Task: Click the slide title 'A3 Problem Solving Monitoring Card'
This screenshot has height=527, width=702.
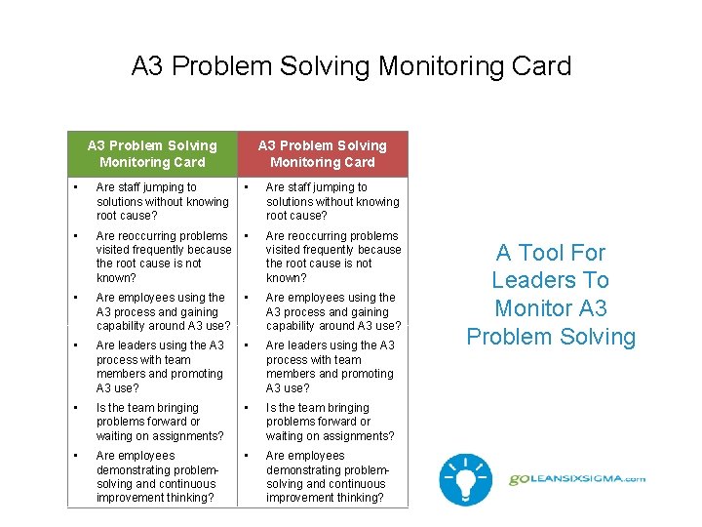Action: point(351,66)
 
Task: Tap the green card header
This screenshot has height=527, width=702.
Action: point(152,154)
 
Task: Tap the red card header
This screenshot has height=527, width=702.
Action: point(323,154)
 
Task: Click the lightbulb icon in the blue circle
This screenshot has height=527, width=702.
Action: point(464,479)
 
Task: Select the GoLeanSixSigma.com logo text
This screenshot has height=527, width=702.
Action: point(577,479)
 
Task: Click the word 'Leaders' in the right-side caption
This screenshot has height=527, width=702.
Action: point(550,280)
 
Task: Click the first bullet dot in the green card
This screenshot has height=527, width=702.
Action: point(75,187)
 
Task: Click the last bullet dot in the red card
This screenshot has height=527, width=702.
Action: point(248,456)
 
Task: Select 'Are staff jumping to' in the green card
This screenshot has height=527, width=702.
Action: point(146,187)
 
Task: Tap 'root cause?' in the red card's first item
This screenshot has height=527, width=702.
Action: point(296,216)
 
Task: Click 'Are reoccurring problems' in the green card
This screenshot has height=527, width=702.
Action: point(162,236)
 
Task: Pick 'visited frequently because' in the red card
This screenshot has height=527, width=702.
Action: point(333,250)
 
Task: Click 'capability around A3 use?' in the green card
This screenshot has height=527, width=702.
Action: point(163,326)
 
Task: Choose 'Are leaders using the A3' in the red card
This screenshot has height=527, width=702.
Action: point(330,345)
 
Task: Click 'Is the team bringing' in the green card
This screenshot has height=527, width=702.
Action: point(147,408)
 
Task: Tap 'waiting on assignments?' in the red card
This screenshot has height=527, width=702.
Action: point(330,436)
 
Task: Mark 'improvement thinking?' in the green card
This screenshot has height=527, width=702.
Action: point(155,498)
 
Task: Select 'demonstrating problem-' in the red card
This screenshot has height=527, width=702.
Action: point(328,469)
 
